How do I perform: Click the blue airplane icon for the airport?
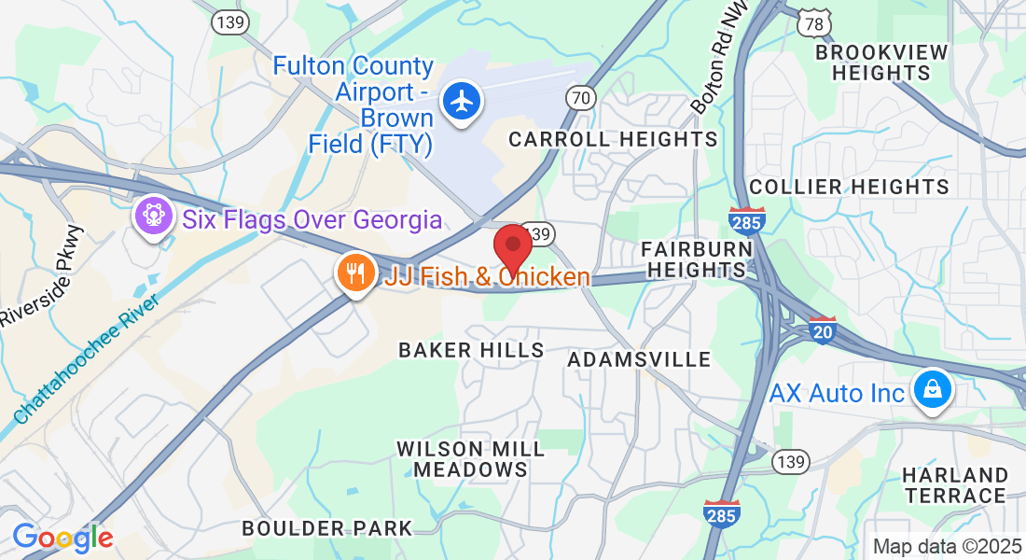[x=461, y=100]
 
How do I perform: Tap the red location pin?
[x=512, y=247]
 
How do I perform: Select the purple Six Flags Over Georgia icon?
[x=154, y=217]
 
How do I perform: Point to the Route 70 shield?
[x=580, y=96]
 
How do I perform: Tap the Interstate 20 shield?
[x=822, y=330]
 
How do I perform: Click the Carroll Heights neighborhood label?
[x=612, y=140]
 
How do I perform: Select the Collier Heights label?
[x=849, y=188]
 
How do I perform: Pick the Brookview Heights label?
[x=881, y=63]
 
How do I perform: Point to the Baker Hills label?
[x=471, y=350]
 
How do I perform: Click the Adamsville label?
[x=639, y=359]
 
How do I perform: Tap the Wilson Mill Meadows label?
[x=470, y=459]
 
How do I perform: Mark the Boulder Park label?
[x=326, y=528]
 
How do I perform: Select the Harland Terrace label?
[x=954, y=485]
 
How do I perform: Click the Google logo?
[x=62, y=539]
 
